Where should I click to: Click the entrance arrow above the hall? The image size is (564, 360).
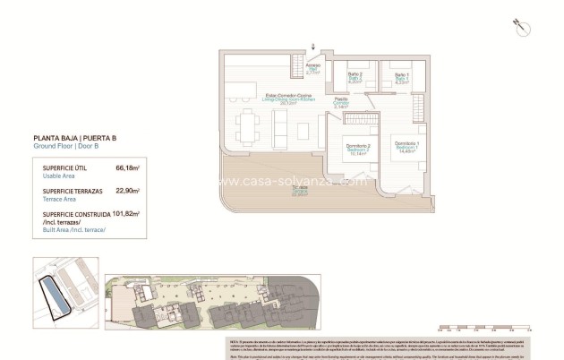point(312,46)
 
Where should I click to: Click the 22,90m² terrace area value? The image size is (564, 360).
point(129,192)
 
